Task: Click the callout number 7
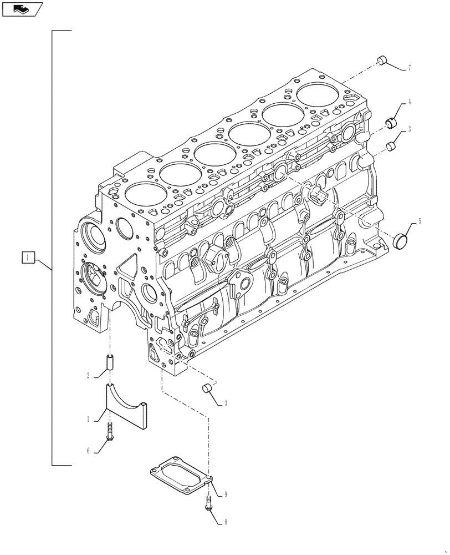click(x=409, y=68)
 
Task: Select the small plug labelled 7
click(x=381, y=60)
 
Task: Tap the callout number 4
click(x=409, y=102)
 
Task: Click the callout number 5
click(x=420, y=221)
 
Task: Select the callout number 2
click(x=88, y=376)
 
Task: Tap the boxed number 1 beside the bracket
click(x=29, y=257)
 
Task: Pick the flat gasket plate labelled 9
click(x=180, y=475)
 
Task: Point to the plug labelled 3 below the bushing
click(x=391, y=146)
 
